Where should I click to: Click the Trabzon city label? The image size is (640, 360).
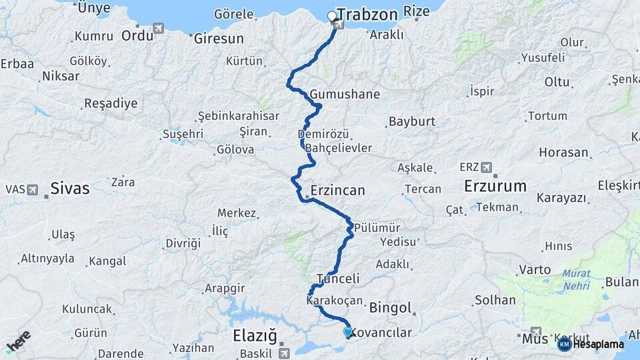pyautogui.click(x=367, y=14)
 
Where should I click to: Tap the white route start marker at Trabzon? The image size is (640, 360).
pyautogui.click(x=332, y=15)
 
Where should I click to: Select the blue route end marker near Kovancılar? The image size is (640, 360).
pyautogui.click(x=347, y=331)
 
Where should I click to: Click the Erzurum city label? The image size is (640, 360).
pyautogui.click(x=495, y=185)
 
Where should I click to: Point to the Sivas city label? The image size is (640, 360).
pyautogui.click(x=70, y=189)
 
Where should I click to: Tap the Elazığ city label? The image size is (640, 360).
pyautogui.click(x=255, y=334)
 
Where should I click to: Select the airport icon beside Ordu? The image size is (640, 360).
pyautogui.click(x=159, y=28)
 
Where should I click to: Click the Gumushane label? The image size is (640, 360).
pyautogui.click(x=345, y=94)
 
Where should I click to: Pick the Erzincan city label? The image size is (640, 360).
pyautogui.click(x=337, y=191)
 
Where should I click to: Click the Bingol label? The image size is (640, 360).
pyautogui.click(x=390, y=309)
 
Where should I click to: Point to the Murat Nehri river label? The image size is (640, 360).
pyautogui.click(x=575, y=279)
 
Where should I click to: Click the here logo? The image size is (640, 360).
pyautogui.click(x=18, y=342)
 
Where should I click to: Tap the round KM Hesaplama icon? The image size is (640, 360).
pyautogui.click(x=564, y=344)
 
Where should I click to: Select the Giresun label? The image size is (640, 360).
pyautogui.click(x=219, y=39)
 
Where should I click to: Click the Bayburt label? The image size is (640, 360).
pyautogui.click(x=411, y=122)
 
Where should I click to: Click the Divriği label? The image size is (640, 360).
pyautogui.click(x=183, y=243)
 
